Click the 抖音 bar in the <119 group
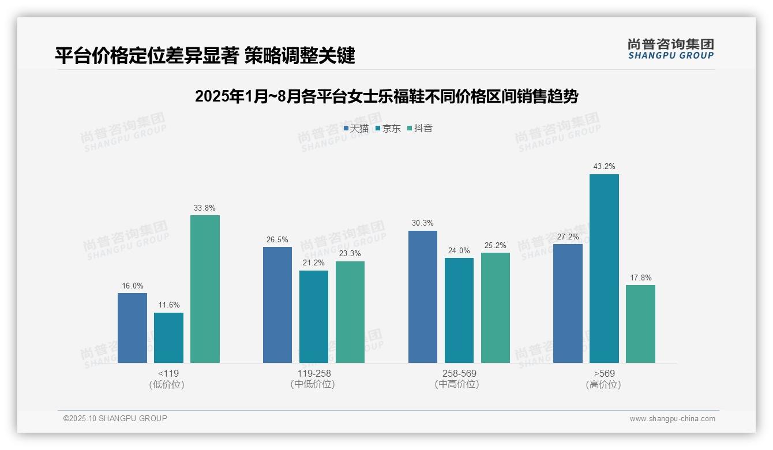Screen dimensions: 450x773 point(205,289)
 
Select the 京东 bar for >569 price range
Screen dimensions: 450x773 point(604,268)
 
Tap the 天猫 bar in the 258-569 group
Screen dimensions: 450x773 point(422,297)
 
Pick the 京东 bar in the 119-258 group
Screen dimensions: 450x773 point(313,317)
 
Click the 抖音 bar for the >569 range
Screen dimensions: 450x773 point(640,324)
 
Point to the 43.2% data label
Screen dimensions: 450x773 point(604,167)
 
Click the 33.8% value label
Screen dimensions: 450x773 point(205,208)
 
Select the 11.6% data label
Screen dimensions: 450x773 point(168,305)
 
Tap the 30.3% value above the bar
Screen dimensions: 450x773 point(422,223)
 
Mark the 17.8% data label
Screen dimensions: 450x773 point(640,277)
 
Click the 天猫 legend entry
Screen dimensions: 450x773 point(356,129)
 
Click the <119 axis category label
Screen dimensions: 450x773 point(168,373)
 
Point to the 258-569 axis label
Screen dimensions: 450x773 point(459,373)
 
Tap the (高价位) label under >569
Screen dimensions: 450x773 point(603,385)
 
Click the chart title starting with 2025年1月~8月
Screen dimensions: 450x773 point(386,96)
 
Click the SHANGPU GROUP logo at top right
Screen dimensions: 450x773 point(670,49)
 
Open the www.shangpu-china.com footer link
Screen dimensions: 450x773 point(672,419)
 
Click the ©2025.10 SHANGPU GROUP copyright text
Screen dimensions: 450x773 point(115,419)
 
